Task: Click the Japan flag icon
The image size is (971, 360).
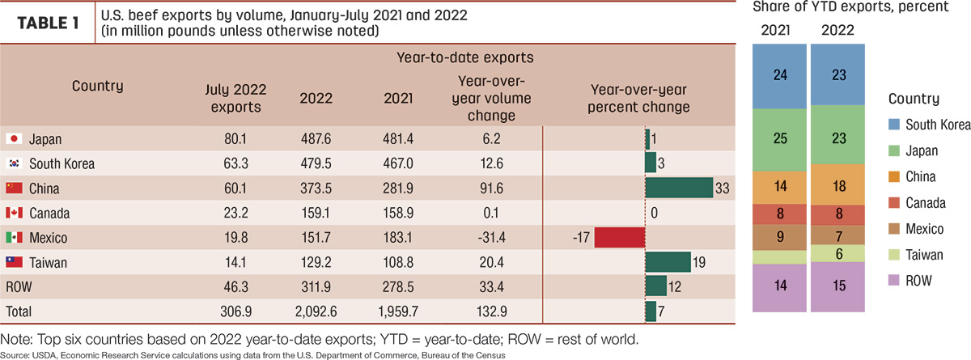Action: tap(14, 138)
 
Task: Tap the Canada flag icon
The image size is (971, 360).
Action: tap(14, 213)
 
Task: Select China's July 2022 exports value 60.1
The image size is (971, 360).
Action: tap(235, 188)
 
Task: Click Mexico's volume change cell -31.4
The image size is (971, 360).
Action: tap(491, 237)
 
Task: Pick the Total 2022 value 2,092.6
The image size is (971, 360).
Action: tap(316, 311)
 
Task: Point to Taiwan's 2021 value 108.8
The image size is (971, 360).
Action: tap(398, 263)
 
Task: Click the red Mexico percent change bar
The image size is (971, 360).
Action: tap(620, 237)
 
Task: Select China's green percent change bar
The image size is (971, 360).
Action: tap(679, 188)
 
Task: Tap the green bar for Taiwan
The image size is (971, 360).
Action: tap(668, 262)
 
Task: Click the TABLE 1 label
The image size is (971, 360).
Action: tap(48, 23)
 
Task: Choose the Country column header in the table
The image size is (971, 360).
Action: tap(98, 86)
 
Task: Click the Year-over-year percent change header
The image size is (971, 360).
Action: tap(638, 99)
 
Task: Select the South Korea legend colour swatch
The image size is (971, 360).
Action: tap(894, 125)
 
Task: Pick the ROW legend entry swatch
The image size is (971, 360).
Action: tap(894, 280)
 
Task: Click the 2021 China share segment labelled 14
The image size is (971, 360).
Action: tap(779, 187)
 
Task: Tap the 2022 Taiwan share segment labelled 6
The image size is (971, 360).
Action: tap(837, 253)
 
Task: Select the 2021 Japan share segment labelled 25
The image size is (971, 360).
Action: tap(779, 139)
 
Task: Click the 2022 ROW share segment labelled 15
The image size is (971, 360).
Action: tap(837, 287)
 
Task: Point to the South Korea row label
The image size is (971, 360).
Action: tap(62, 163)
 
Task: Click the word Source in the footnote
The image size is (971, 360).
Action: tap(13, 355)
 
